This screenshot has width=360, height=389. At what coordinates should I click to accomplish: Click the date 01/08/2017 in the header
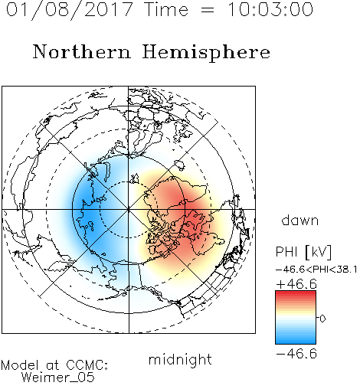point(69,10)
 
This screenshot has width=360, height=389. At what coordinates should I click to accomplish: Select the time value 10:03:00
point(270,10)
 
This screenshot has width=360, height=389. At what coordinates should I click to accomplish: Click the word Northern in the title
point(82,51)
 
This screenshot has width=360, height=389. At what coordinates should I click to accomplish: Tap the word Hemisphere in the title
point(206,53)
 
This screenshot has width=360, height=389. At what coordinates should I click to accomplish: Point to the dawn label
point(300,220)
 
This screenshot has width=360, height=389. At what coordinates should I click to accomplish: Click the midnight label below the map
point(180,359)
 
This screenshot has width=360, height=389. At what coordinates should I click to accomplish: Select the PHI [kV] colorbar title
point(303,252)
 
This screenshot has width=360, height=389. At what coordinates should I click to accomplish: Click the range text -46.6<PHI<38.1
point(316,270)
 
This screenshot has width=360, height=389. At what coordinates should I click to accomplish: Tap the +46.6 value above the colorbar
point(296,284)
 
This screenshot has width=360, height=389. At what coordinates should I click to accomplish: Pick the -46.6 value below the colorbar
point(296,354)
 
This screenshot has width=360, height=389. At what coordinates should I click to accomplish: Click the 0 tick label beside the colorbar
point(322,319)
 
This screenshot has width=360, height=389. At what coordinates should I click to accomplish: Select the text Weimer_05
point(58,378)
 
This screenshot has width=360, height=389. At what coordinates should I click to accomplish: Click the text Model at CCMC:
point(54,365)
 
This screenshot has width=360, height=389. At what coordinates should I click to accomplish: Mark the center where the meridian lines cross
point(129,209)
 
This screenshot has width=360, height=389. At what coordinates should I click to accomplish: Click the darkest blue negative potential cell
point(86,213)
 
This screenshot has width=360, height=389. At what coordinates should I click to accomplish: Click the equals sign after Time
point(208,10)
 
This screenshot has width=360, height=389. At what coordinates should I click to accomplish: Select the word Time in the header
point(166,10)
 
